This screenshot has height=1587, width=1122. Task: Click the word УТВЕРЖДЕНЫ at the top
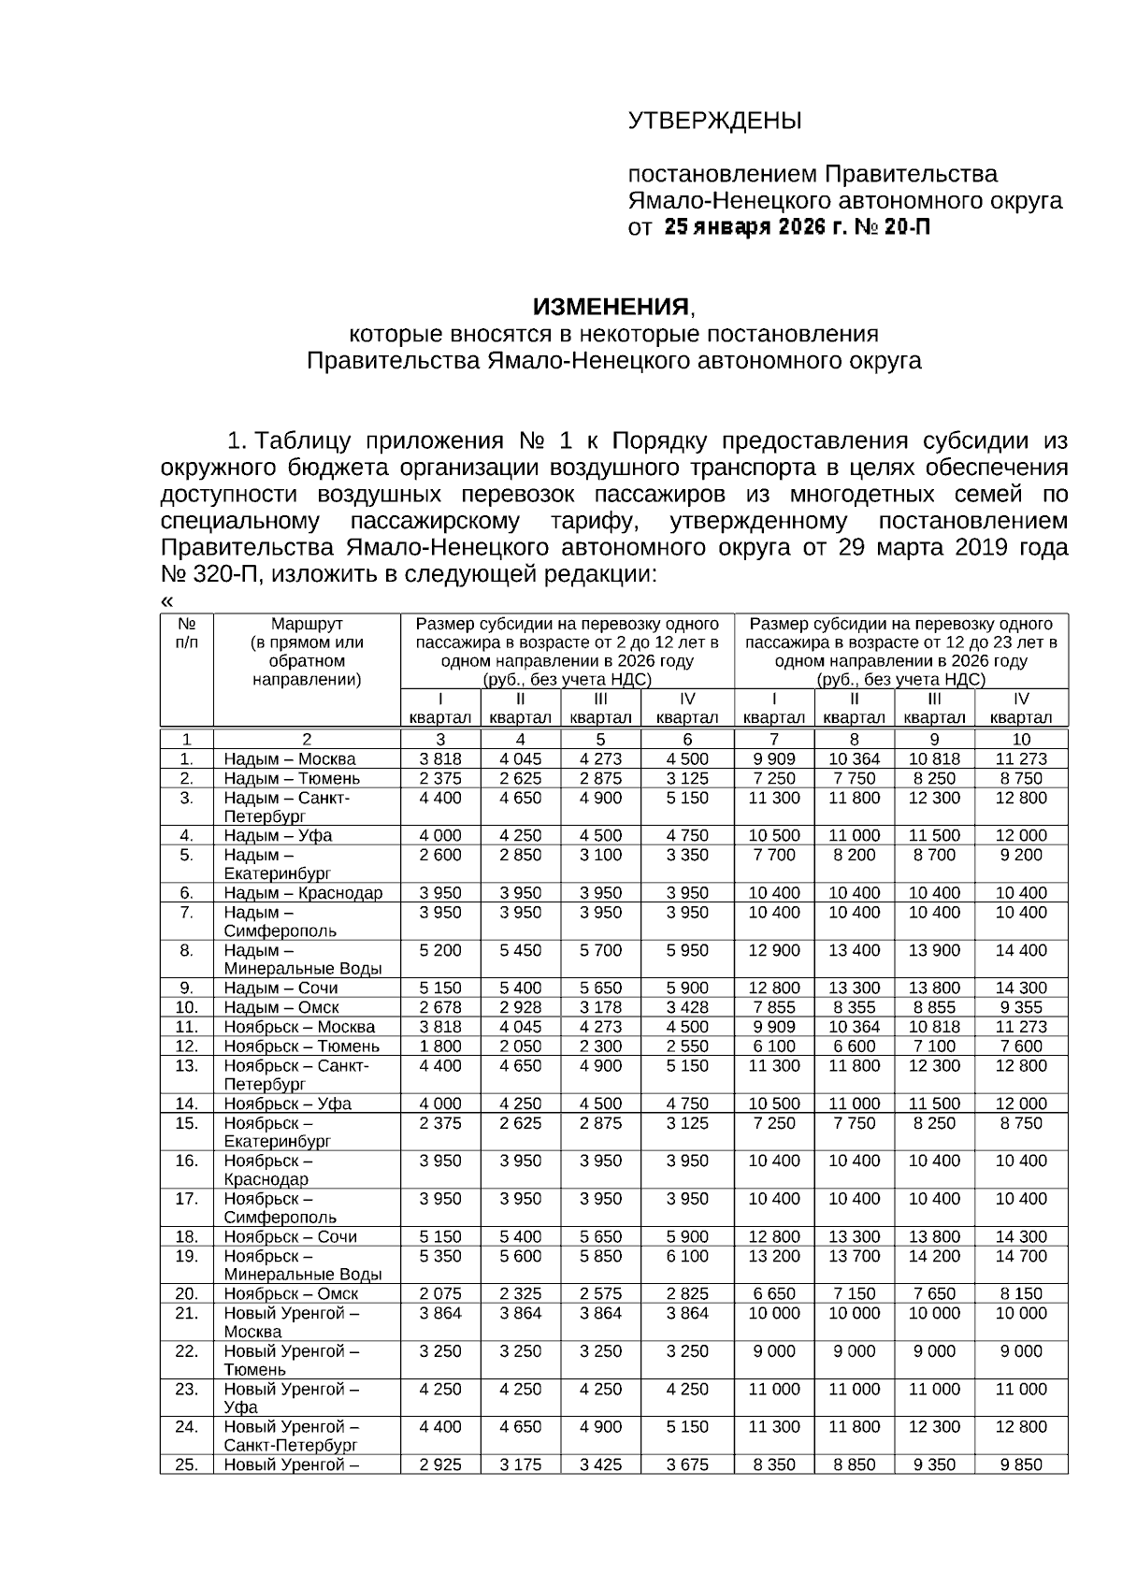714,121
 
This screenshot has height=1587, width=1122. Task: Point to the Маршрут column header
307,624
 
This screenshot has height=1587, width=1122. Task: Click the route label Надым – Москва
289,759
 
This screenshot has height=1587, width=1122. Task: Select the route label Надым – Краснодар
303,893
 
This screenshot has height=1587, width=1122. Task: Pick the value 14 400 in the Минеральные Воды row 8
1021,950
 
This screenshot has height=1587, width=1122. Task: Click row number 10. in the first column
187,1007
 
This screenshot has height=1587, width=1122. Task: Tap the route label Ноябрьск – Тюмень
301,1046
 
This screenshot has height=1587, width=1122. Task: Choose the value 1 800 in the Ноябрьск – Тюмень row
440,1046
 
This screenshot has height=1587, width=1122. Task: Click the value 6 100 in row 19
687,1256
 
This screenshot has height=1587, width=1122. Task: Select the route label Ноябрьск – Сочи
290,1236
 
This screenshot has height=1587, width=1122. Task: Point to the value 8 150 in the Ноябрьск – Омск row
1021,1293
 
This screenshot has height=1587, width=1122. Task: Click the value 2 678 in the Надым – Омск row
440,1007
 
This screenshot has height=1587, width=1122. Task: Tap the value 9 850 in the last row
1021,1464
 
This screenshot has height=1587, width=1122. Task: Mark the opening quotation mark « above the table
166,600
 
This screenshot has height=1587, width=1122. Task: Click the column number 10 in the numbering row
1021,739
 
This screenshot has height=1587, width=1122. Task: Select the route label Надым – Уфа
278,835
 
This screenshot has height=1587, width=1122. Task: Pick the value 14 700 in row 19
1021,1256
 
